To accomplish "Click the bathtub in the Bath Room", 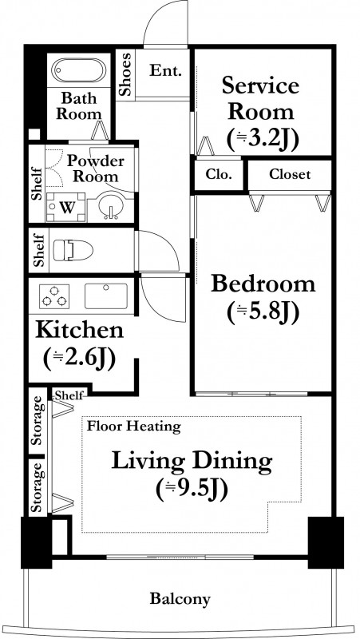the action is pos(79,70).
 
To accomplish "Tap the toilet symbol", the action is pos(73,250).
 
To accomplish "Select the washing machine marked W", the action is pos(66,208).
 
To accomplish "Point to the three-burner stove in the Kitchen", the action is pos(54,296).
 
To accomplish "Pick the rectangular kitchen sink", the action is pos(106,296).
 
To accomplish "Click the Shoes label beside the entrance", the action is pos(126,74).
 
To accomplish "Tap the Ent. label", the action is pos(165,71).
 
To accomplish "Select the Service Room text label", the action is pos(261,99).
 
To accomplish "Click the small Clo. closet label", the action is pos(218,175).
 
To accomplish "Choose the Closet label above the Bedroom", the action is pos(290,175).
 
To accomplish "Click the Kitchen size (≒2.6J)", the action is pos(79,358).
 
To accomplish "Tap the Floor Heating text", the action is pos(134,427).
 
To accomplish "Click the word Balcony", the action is pos(180,598).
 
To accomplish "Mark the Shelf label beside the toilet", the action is pos(39,250).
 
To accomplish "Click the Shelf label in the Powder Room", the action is pos(37,185).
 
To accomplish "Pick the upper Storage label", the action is pos(38,420).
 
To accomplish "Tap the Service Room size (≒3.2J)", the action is pos(263,138).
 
